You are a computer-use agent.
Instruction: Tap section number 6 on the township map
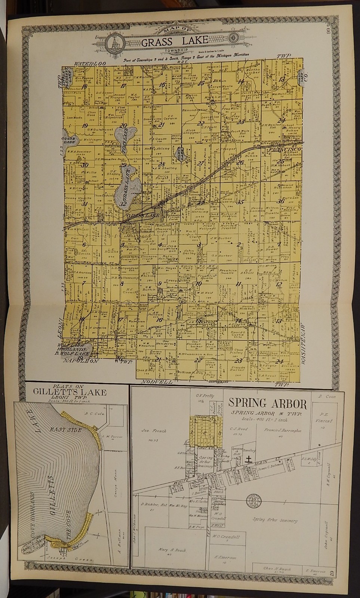click(x=84, y=245)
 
